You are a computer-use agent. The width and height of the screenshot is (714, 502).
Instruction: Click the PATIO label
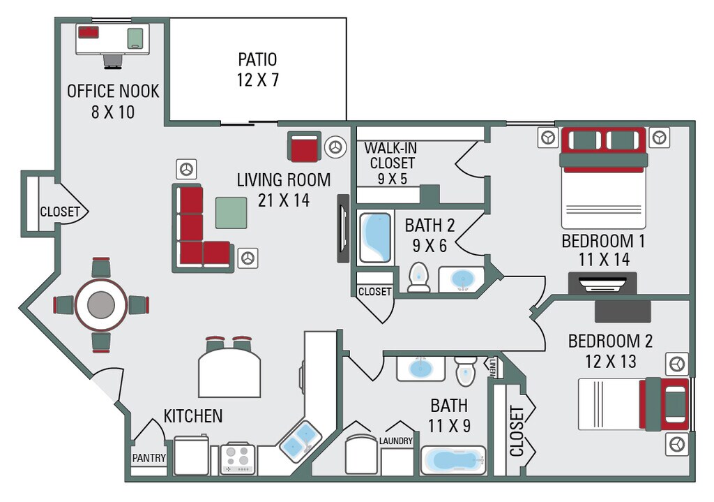[x=257, y=59]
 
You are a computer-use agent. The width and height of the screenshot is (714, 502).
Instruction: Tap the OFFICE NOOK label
[x=113, y=91]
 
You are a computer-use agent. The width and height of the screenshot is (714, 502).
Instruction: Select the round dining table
[x=101, y=305]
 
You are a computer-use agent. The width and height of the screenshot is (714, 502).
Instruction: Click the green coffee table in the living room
[x=231, y=213]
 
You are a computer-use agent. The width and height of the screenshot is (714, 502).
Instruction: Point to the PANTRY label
[x=149, y=459]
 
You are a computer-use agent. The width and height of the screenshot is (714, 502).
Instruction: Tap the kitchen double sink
[x=301, y=441]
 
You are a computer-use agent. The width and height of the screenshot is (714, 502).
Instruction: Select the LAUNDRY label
[x=396, y=441]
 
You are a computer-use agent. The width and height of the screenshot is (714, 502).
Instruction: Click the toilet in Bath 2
[x=418, y=277]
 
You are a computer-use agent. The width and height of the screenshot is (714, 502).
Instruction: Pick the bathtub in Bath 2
[x=375, y=237]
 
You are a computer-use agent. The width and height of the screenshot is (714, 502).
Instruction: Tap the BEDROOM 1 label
[x=603, y=242]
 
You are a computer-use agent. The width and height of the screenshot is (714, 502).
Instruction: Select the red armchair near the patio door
[x=303, y=147]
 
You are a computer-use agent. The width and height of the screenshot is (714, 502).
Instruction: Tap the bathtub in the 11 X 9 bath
[x=454, y=460]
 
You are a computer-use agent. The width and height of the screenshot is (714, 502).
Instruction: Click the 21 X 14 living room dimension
[x=283, y=200]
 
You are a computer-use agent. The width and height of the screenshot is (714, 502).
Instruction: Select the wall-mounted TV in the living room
[x=342, y=228]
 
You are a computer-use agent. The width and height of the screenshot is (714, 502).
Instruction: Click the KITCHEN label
[x=193, y=417]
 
